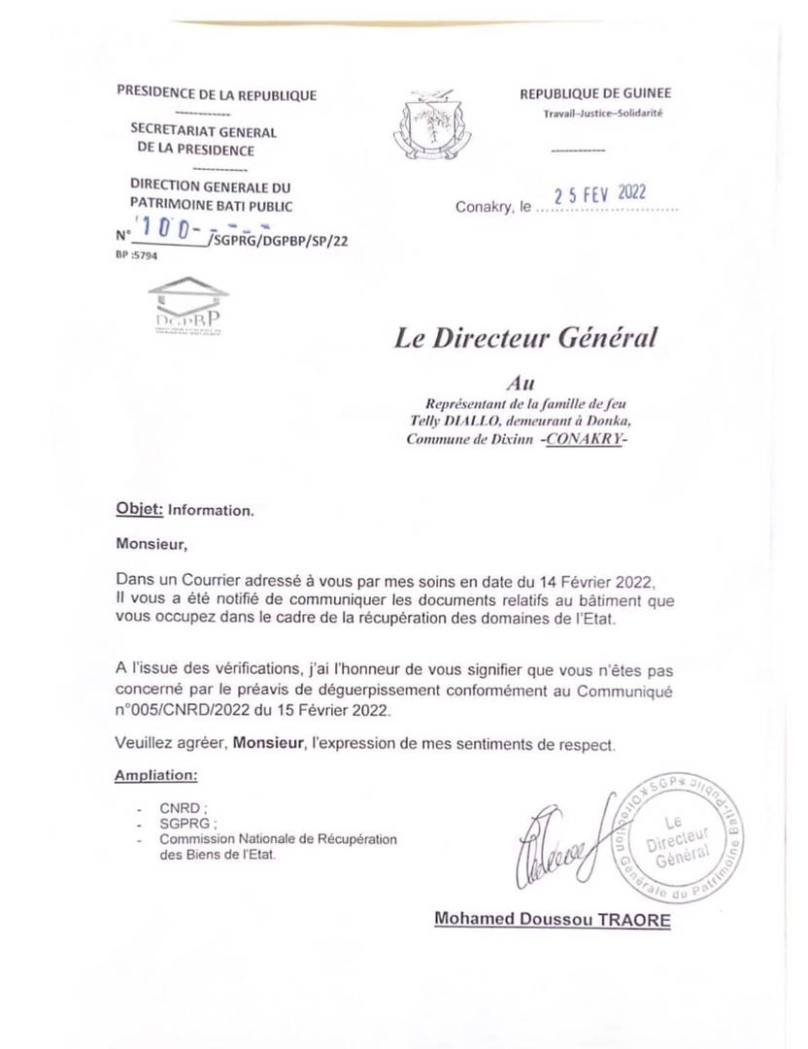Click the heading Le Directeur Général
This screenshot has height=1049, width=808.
(x=525, y=339)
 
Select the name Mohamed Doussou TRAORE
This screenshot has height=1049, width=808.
(x=552, y=918)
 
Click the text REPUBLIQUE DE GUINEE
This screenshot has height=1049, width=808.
(x=595, y=94)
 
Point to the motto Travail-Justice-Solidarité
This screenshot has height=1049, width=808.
(x=602, y=114)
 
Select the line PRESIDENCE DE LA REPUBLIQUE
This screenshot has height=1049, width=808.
(x=216, y=94)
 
